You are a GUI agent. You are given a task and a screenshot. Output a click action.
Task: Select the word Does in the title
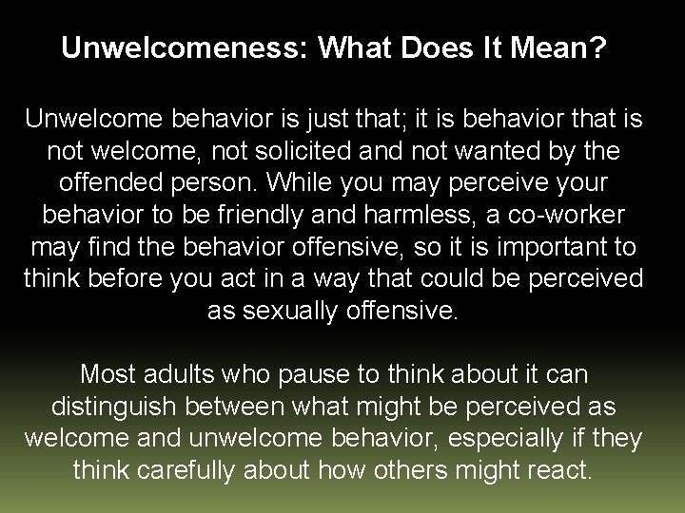click(x=439, y=48)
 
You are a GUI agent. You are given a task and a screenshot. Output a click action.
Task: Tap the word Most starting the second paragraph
click(x=108, y=374)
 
